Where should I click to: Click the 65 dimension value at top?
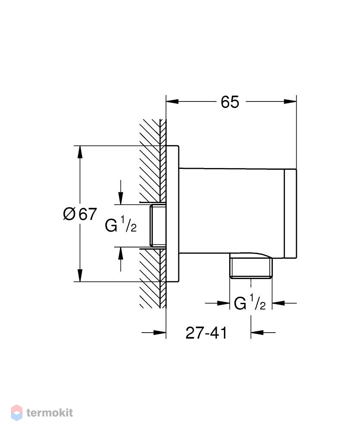coord(230,102)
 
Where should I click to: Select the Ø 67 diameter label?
coord(80,214)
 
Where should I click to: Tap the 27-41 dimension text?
coord(206,333)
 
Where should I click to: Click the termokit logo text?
coord(50,413)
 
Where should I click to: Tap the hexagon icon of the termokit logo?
coord(16,413)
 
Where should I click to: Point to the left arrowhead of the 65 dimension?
coord(172,102)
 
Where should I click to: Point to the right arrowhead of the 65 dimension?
coord(290,102)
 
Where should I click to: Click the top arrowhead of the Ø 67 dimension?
coord(80,152)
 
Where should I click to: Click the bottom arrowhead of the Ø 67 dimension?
coord(80,275)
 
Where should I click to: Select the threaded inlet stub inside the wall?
coord(158,226)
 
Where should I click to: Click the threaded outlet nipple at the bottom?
coord(251,268)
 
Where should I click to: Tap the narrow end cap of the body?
coord(291,213)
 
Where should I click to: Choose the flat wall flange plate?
coord(173,213)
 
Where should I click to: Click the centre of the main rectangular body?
coord(231,211)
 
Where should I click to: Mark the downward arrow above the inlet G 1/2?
coord(120,192)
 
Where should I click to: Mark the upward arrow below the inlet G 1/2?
coord(120,259)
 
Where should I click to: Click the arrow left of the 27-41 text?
coord(154,333)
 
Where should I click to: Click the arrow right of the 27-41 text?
coord(263,333)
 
